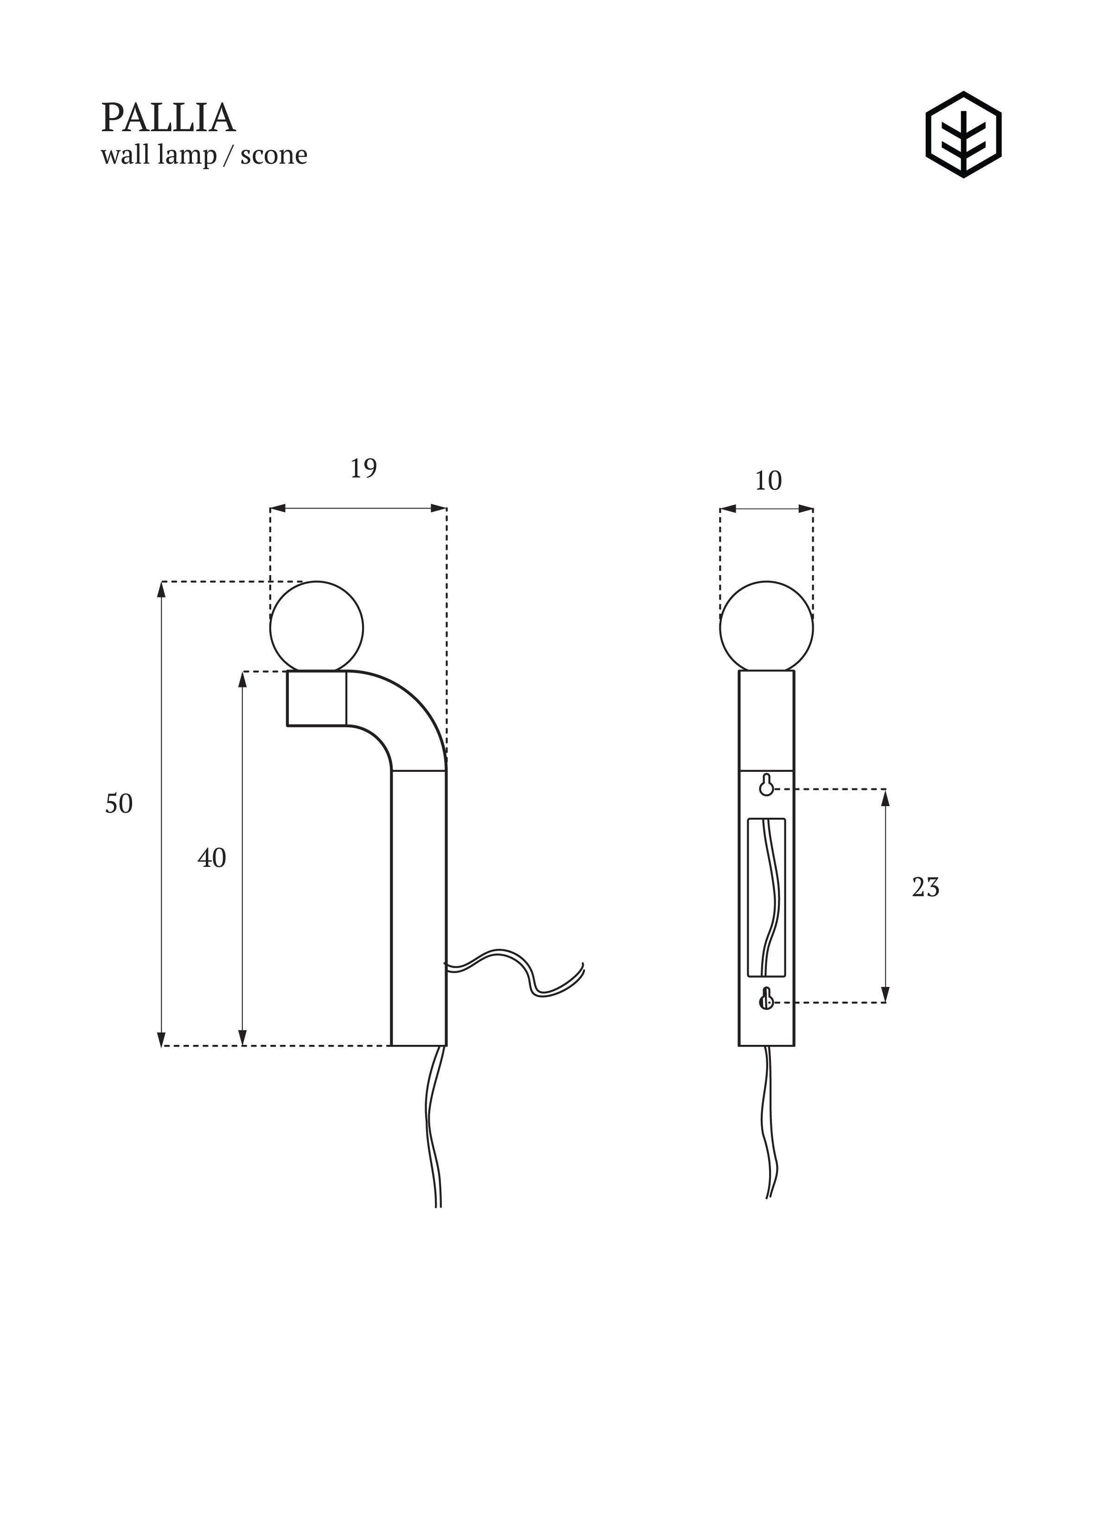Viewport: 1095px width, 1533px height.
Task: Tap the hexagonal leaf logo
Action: [x=963, y=135]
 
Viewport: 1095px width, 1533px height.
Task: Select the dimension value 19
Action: [x=363, y=468]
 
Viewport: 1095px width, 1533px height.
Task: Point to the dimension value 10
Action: [x=768, y=481]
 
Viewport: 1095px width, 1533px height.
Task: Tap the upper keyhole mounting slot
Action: [x=766, y=785]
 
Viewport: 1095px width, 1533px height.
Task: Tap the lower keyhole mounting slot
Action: [x=766, y=999]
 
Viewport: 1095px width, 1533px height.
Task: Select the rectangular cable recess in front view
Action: [x=767, y=897]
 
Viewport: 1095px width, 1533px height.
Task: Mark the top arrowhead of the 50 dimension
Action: [x=161, y=589]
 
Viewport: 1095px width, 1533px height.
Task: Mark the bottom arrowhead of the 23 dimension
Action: [x=885, y=995]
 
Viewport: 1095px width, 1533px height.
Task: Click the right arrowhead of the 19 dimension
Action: [x=439, y=509]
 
